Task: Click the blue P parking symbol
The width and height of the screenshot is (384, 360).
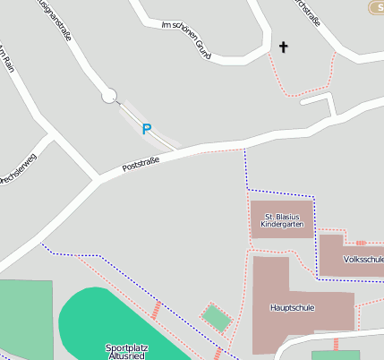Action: (x=147, y=129)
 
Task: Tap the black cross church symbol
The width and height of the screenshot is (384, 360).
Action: (x=285, y=47)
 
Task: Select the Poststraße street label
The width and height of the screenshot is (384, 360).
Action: (x=141, y=165)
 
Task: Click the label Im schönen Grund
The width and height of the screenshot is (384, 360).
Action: (x=185, y=40)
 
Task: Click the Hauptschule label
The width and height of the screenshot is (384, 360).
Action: (x=293, y=307)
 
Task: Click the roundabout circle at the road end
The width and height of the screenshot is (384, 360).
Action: (x=109, y=94)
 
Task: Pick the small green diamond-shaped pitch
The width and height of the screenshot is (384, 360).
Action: (x=216, y=317)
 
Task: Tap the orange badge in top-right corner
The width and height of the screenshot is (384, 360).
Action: (x=376, y=7)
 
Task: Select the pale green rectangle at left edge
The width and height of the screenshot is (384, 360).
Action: (x=23, y=318)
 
